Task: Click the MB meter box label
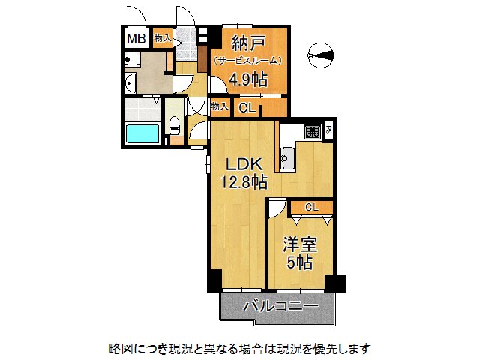tap(136, 39)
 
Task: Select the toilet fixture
tap(175, 125)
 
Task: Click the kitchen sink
tap(288, 158)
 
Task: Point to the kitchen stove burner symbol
tap(313, 132)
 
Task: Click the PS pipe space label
tap(328, 131)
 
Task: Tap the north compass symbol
tap(320, 55)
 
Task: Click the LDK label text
tap(244, 165)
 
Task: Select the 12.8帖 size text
tap(244, 183)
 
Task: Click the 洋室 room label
tap(299, 245)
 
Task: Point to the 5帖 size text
tap(299, 262)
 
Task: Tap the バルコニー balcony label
tap(280, 306)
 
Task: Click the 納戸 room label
tap(248, 43)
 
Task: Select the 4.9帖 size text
tap(248, 79)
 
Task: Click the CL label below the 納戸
tap(247, 108)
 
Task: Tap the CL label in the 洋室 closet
tap(312, 208)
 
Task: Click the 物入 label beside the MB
tap(163, 38)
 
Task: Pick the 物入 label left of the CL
tap(220, 106)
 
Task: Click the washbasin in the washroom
tap(130, 82)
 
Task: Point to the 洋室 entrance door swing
tap(277, 208)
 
